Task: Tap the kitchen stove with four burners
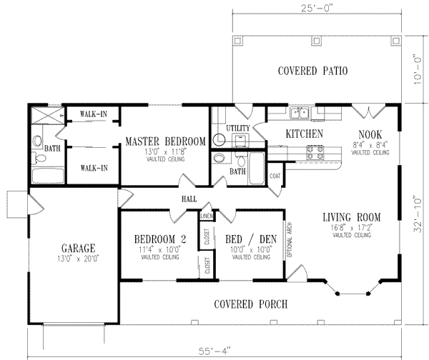[315, 150]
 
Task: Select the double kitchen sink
[303, 112]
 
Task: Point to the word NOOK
[370, 134]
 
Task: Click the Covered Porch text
[251, 304]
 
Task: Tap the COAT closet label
[275, 174]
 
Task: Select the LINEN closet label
[206, 215]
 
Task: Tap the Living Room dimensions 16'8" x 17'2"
[350, 228]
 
